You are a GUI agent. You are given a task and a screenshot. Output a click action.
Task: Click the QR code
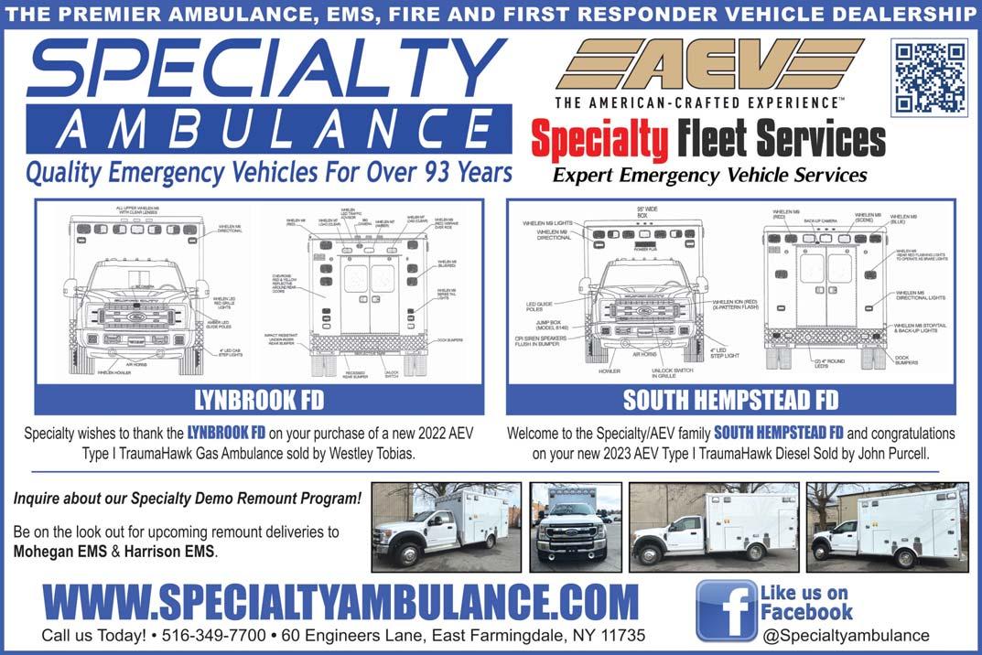929,76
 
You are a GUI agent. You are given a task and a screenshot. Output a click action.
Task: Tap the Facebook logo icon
726,610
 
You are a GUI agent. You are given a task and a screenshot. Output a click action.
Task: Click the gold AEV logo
709,65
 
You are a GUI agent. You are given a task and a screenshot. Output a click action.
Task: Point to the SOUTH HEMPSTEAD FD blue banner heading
730,401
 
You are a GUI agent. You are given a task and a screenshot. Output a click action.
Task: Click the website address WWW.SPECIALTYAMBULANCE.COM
340,603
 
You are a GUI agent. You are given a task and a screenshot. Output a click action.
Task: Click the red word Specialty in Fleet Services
599,142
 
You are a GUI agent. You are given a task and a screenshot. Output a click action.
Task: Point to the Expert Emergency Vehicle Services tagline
709,175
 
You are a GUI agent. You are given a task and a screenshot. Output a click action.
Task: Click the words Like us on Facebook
805,603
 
